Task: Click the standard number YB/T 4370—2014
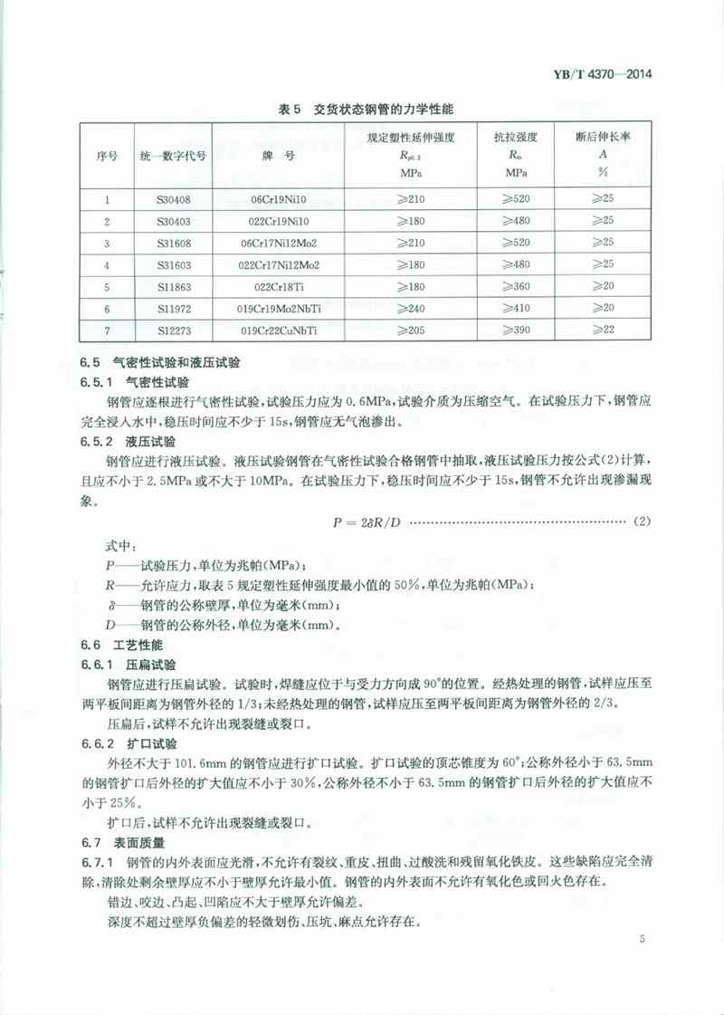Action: tap(608, 76)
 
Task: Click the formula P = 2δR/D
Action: tap(361, 522)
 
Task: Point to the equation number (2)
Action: tap(642, 522)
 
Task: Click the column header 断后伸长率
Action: tap(603, 139)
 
